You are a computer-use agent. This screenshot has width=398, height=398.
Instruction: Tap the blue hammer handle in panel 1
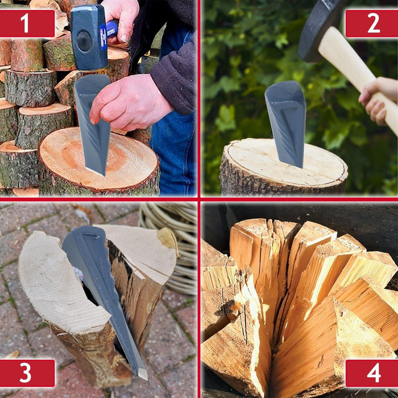point(113,28)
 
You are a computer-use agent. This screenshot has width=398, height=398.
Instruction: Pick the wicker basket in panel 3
point(173,239)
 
